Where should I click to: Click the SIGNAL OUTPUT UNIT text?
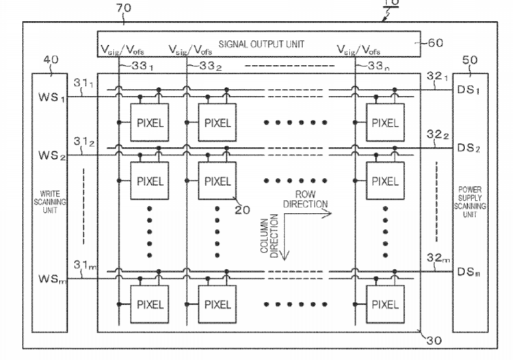261,44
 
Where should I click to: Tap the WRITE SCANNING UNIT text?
50,202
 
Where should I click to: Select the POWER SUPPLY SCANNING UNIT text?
470,202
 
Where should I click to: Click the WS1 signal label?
52,97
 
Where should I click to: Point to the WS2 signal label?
52,155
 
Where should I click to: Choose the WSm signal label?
53,279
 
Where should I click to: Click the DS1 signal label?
468,90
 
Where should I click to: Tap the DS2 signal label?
469,148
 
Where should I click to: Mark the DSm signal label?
469,272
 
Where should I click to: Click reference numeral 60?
436,43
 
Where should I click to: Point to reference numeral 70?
124,8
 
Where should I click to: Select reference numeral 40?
51,60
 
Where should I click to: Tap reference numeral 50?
470,60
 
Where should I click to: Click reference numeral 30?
434,341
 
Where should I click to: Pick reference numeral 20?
242,210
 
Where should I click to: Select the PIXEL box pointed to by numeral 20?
218,181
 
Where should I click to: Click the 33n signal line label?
378,66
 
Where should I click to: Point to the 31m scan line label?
85,265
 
